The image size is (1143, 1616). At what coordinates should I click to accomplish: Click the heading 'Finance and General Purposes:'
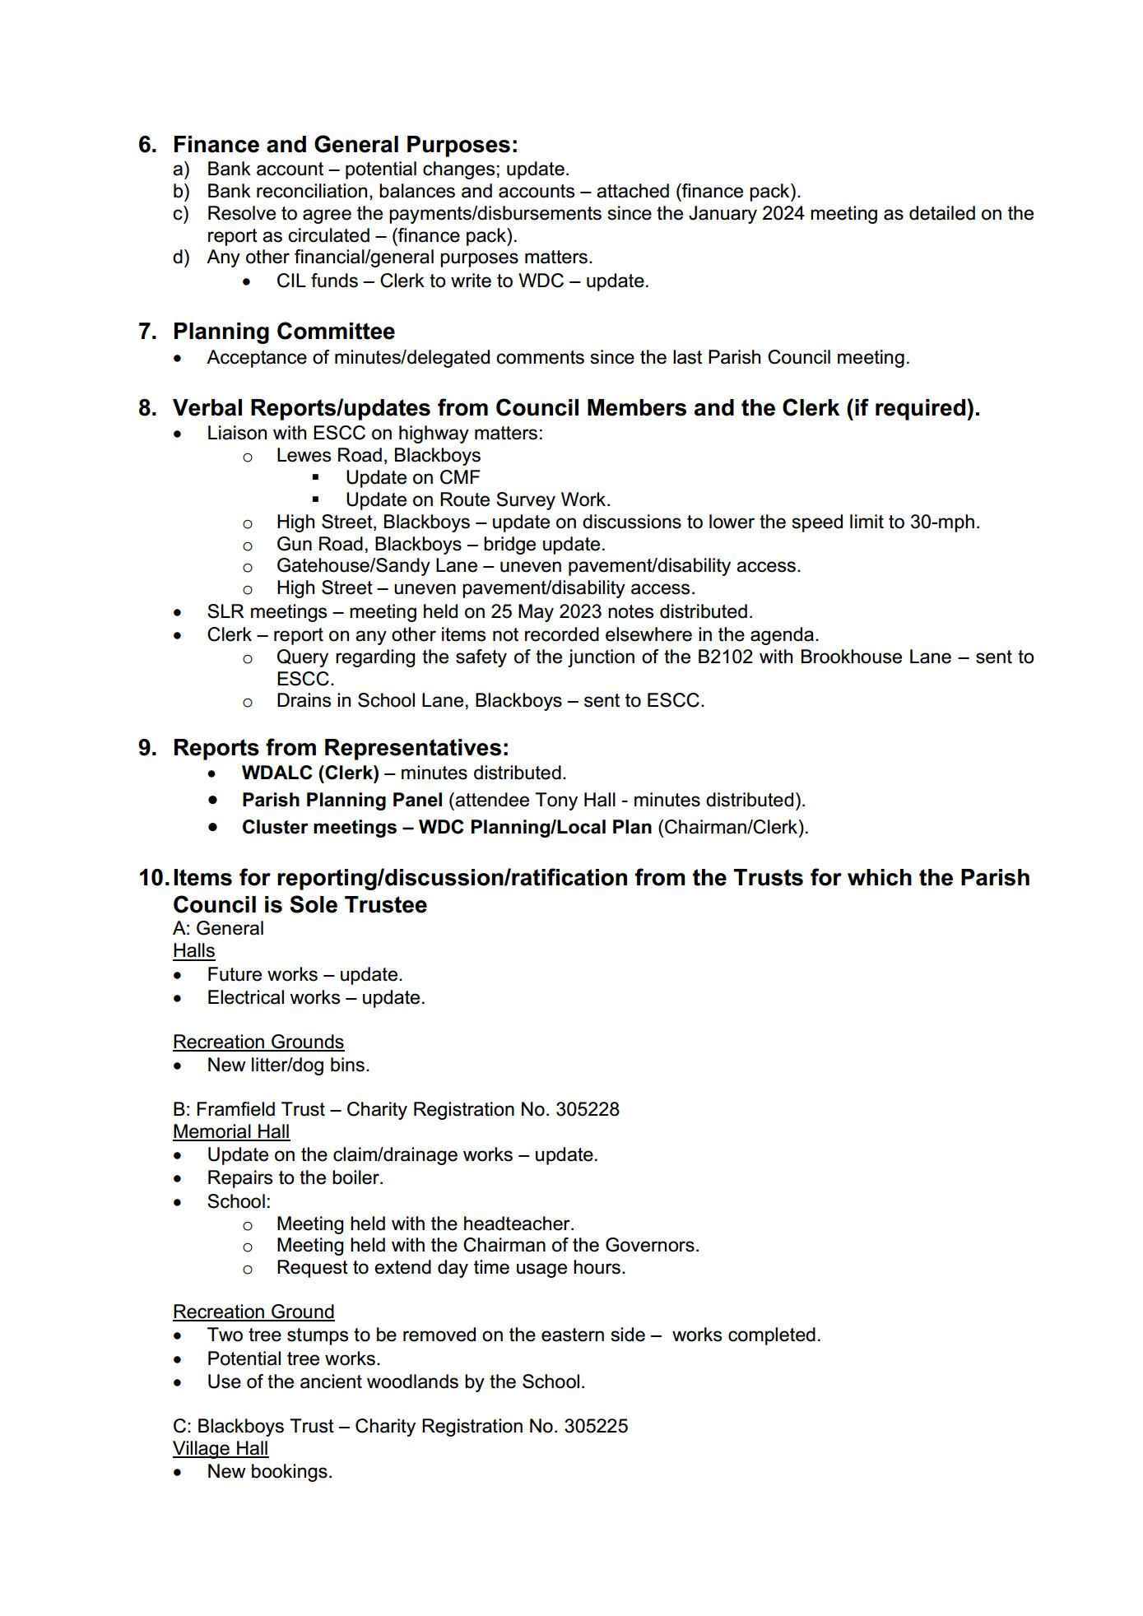click(345, 145)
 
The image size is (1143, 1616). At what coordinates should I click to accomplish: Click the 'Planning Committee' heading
click(283, 332)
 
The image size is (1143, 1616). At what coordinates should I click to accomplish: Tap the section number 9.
click(147, 748)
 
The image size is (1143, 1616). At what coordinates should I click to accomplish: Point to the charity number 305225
click(596, 1426)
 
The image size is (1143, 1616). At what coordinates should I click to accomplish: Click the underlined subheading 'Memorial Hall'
click(230, 1131)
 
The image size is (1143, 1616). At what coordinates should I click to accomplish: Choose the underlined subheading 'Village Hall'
click(220, 1448)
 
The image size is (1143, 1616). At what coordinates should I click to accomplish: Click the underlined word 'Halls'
click(193, 950)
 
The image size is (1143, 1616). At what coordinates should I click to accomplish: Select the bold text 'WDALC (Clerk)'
click(310, 773)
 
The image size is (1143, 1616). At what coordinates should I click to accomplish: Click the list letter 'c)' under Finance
click(181, 214)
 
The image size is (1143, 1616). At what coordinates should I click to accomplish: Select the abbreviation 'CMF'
click(460, 477)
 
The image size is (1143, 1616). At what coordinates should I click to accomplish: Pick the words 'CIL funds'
click(317, 281)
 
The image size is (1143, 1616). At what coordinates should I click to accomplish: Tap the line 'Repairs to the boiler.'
click(295, 1177)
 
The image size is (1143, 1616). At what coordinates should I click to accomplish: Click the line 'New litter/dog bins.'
click(288, 1065)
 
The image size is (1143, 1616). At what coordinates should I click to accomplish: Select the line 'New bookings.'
click(269, 1471)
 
